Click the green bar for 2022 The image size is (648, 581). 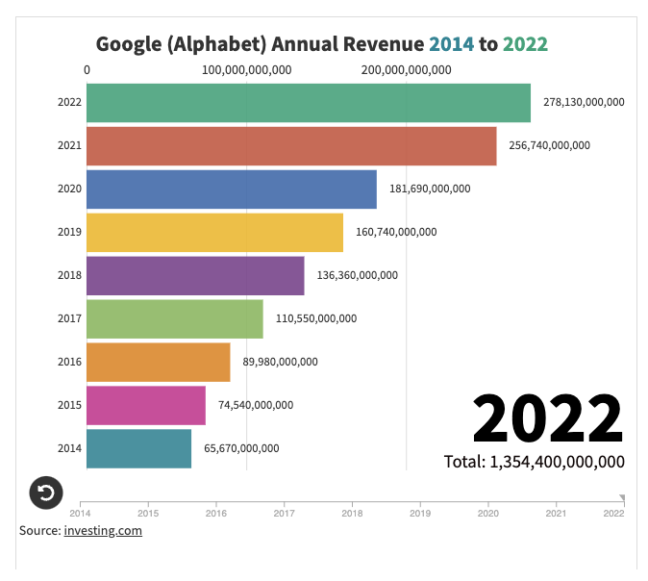point(308,103)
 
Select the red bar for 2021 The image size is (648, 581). point(291,146)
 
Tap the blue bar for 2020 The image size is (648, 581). point(231,189)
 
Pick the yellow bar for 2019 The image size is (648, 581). point(214,233)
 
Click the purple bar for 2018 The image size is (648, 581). point(195,276)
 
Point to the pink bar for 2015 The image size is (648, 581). point(146,406)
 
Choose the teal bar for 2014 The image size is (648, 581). point(138,449)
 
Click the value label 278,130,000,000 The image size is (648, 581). point(584,102)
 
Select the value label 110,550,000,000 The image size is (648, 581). point(315,318)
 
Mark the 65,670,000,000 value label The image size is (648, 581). point(241,448)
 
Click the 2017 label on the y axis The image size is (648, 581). point(69,318)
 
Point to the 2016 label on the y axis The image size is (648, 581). point(69,362)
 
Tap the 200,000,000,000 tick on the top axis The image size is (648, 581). point(406,69)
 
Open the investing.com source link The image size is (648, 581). point(103,530)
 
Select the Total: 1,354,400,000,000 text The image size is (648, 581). point(534,462)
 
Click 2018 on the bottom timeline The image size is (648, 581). point(352,514)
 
